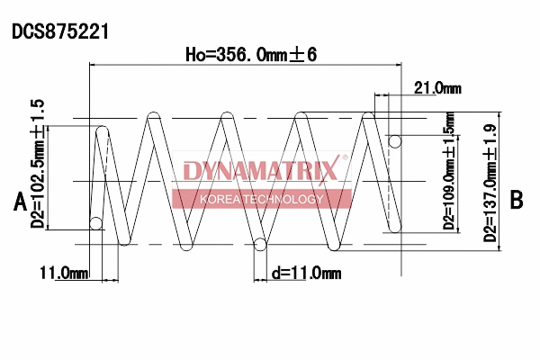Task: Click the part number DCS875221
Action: tap(60, 31)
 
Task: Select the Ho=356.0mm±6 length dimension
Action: tap(251, 54)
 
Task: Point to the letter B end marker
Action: tap(516, 200)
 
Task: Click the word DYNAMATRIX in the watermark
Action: tap(260, 170)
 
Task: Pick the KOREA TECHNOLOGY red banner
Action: tap(261, 199)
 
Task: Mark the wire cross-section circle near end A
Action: tap(96, 223)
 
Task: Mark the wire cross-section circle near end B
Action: tap(393, 140)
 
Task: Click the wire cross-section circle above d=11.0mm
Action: tap(261, 243)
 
